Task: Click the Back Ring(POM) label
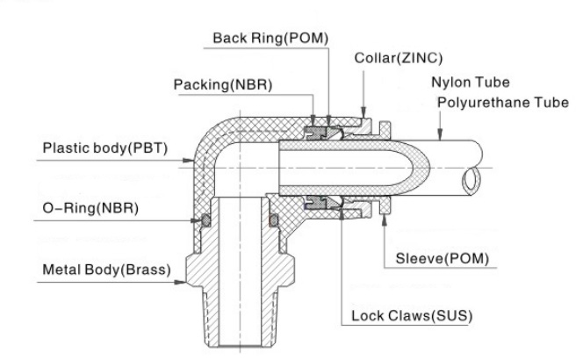point(270,39)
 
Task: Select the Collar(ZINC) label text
point(399,58)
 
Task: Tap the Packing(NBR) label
point(223,85)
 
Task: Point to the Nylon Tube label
point(471,83)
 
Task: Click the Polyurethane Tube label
point(503,102)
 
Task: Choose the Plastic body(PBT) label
point(105,148)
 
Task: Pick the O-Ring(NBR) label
point(90,208)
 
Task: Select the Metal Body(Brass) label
point(107,270)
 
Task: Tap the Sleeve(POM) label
point(443,258)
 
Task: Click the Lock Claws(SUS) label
point(412,316)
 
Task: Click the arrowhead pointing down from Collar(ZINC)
point(363,112)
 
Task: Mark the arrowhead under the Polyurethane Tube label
point(440,134)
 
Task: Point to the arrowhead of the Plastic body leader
point(189,161)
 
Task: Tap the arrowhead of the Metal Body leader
point(180,282)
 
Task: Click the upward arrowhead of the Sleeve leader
point(384,220)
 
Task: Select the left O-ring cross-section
point(205,220)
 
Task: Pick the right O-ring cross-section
point(274,220)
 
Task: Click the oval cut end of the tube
point(471,181)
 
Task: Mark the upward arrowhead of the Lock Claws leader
point(342,214)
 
